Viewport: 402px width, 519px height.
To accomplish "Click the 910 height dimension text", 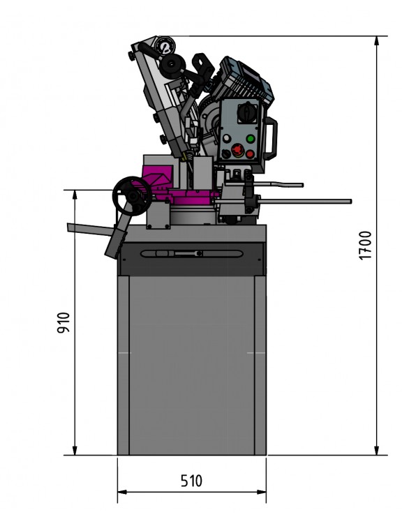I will pos(62,322).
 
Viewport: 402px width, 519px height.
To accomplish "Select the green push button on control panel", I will pos(249,139).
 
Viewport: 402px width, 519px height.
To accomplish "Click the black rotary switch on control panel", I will pos(243,112).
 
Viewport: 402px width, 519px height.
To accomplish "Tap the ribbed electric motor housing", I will pos(244,80).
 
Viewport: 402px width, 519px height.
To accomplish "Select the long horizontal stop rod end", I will pos(348,202).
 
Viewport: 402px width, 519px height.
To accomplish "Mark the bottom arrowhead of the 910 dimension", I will pos(74,451).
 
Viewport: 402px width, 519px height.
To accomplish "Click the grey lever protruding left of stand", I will pos(84,228).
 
